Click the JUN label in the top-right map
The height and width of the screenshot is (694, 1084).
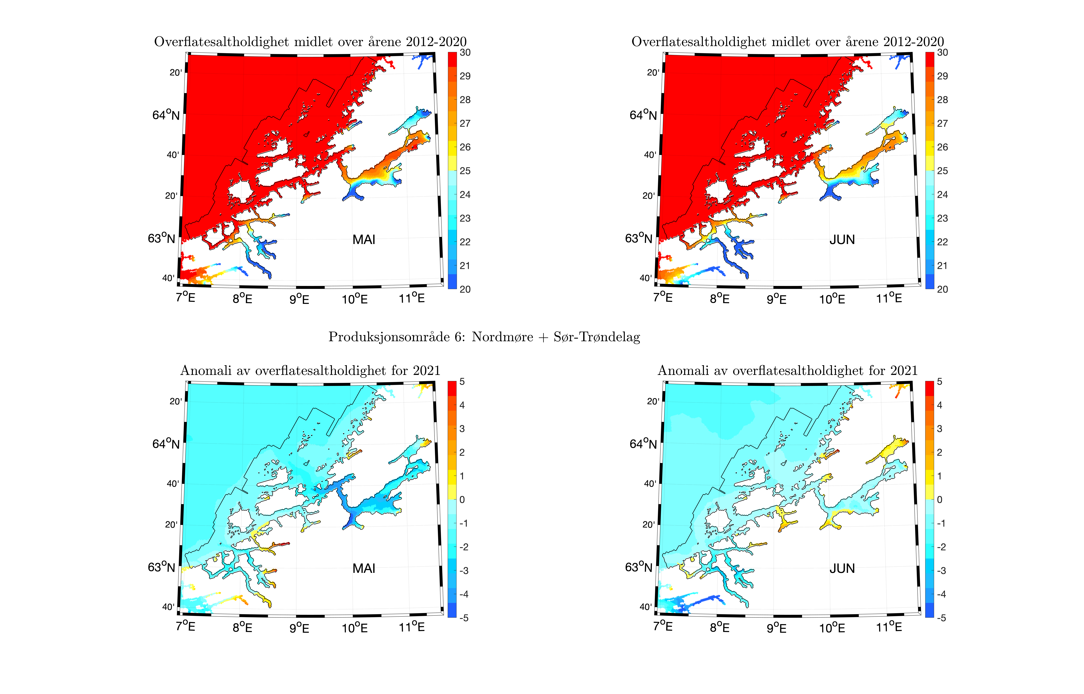tap(842, 240)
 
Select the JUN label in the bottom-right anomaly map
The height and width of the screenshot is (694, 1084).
tap(842, 569)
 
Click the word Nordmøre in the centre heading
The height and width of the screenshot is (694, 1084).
tap(502, 337)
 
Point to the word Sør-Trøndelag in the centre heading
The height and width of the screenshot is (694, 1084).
tap(597, 337)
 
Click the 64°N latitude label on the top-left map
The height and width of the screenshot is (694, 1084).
tap(166, 115)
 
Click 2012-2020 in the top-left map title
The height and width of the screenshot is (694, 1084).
tap(436, 42)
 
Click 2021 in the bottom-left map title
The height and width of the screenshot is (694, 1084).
tap(427, 371)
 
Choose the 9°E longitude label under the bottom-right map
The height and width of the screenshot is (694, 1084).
tap(776, 628)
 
